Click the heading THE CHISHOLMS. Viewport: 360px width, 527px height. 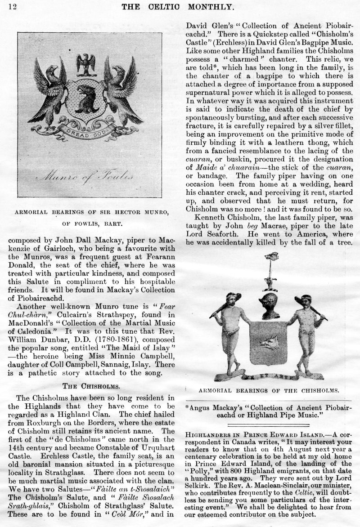90,385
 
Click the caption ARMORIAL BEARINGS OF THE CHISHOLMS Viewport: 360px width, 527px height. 269,390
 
